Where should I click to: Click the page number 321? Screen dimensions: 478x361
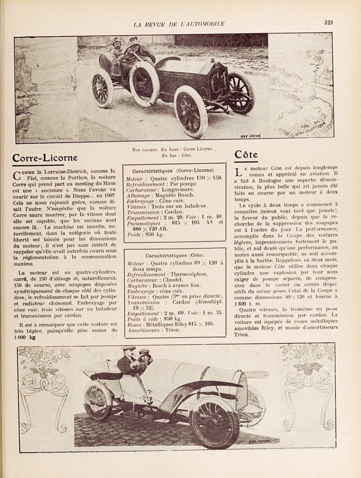click(328, 22)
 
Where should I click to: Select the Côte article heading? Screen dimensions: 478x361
click(246, 155)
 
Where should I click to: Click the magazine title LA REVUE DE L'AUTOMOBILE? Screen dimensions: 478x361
click(179, 24)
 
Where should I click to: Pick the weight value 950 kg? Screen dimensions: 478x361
click(154, 234)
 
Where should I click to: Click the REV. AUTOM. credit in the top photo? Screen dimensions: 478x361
click(251, 136)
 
